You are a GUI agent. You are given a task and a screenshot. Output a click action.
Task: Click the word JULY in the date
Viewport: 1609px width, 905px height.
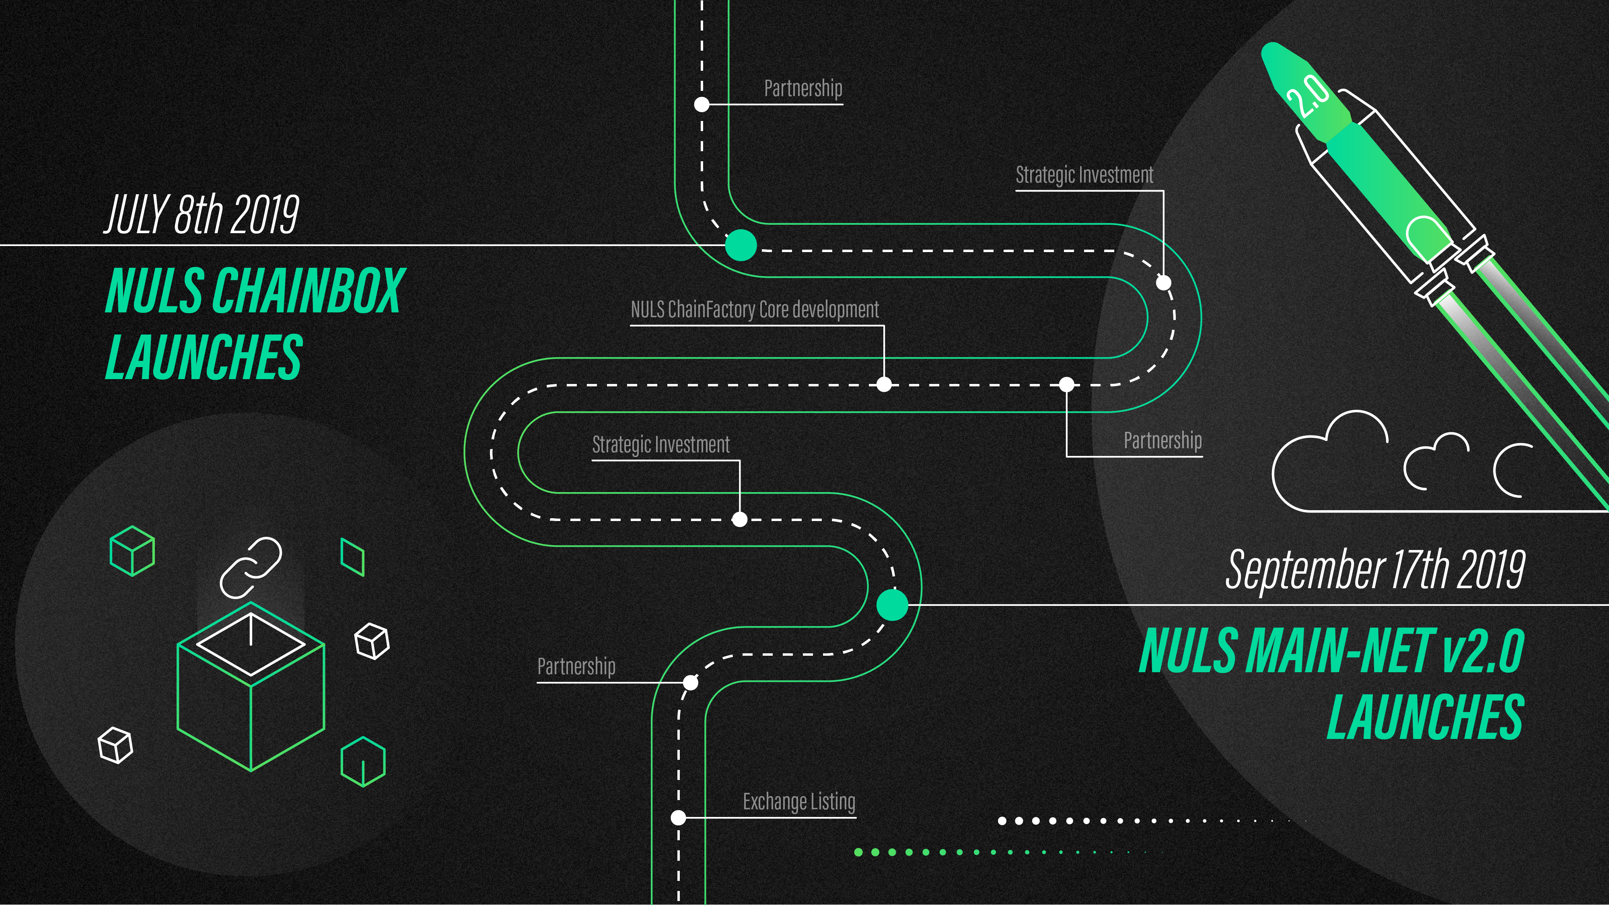coord(137,214)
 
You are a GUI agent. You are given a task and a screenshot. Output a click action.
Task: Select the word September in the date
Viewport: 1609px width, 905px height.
coord(1305,569)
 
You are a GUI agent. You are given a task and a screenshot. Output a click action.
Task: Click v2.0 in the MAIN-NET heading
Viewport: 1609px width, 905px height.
coord(1483,651)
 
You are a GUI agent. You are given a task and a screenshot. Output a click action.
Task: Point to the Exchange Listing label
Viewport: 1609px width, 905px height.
coord(799,801)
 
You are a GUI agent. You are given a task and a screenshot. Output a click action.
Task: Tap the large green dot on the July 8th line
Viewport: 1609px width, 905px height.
coord(741,245)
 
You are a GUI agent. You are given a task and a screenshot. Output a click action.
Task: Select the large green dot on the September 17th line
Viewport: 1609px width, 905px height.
coord(892,605)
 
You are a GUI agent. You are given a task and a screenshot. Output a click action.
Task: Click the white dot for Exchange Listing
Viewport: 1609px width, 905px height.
coord(678,817)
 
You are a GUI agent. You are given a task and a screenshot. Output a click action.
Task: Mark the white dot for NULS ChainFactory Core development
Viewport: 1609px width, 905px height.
coord(884,384)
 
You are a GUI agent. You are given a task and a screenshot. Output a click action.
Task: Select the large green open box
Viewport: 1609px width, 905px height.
coord(251,687)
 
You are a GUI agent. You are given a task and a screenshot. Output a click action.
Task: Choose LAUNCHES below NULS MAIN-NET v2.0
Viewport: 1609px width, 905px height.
coord(1425,717)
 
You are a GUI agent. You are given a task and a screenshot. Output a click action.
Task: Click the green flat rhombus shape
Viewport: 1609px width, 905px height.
coord(352,557)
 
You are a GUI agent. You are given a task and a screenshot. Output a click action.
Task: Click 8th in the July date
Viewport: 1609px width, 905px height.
coord(200,214)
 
